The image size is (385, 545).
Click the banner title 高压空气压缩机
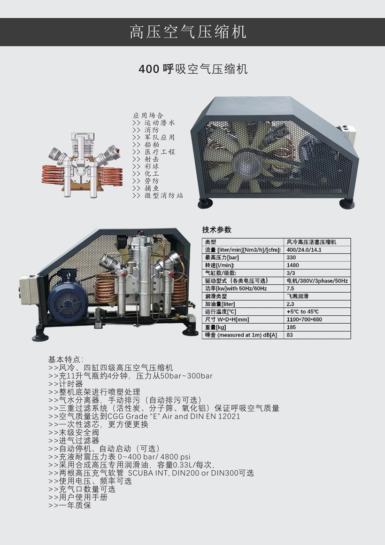[x=188, y=32]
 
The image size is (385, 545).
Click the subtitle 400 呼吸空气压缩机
[x=193, y=69]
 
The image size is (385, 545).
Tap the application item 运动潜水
[x=159, y=123]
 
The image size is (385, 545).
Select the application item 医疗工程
[x=159, y=152]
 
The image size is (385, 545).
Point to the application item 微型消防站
[x=163, y=195]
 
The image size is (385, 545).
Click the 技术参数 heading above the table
[x=216, y=230]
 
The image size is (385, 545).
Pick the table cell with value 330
[x=292, y=257]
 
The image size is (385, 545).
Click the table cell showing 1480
[x=293, y=265]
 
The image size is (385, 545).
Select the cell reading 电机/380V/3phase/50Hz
[x=317, y=280]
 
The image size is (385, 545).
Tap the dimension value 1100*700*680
[x=304, y=319]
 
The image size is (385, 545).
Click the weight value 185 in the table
[x=292, y=327]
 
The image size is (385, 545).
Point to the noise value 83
[x=290, y=335]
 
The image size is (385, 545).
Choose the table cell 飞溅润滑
[x=298, y=296]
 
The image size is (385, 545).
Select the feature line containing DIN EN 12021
[x=144, y=416]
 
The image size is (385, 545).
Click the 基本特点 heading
[x=66, y=359]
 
